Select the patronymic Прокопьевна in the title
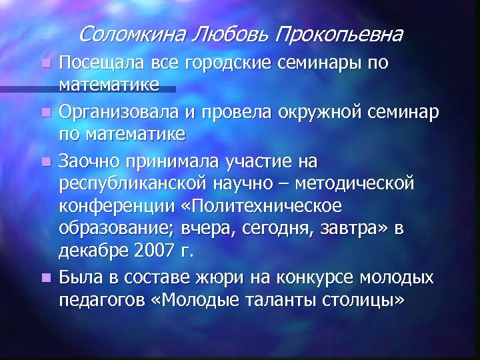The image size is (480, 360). click(x=336, y=33)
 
